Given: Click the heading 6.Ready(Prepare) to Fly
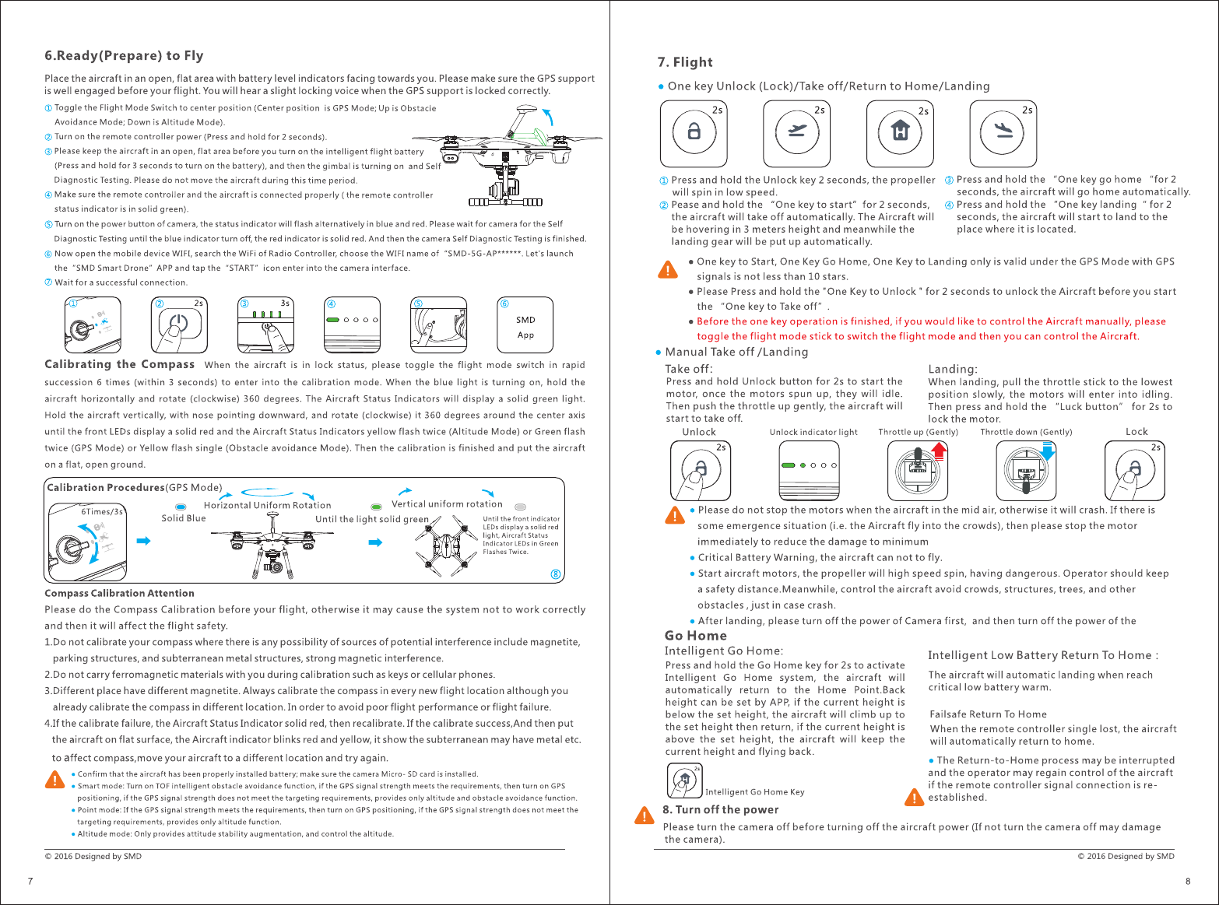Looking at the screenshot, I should pos(124,55).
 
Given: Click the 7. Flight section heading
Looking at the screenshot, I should pos(684,62).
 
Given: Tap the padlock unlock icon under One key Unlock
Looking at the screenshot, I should pos(694,133).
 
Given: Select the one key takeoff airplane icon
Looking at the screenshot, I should pos(796,133).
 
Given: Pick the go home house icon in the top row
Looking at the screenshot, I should pos(900,133).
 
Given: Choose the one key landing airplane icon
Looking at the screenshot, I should pos(1003,133).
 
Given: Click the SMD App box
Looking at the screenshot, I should pos(525,327).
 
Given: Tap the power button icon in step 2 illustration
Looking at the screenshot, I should pos(179,323).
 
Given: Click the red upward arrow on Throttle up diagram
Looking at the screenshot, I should pos(939,451).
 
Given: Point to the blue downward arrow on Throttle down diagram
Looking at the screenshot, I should pos(1047,451).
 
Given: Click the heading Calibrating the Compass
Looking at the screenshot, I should pos(119,364).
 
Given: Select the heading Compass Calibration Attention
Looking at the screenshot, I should pos(119,593).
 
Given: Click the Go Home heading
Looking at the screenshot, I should pos(695,636).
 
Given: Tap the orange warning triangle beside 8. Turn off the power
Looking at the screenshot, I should pos(645,815).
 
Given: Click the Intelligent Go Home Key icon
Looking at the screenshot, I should pos(685,780).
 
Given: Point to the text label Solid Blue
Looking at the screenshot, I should pos(184,518).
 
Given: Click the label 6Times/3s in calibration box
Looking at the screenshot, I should pos(102,511).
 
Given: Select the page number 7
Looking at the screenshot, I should pos(30,882).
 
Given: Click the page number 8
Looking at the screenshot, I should pos(1188,882).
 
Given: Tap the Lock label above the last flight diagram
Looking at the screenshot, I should pos(1136,432).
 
